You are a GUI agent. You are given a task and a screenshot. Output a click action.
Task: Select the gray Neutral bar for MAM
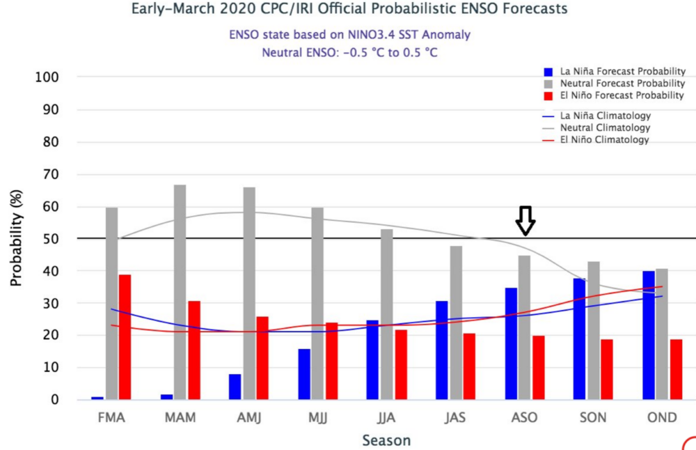point(180,293)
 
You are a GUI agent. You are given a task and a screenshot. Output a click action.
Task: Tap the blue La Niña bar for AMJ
point(235,387)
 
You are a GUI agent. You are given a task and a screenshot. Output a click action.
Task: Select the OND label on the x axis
point(661,418)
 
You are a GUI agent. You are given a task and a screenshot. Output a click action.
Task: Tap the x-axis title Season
point(386,440)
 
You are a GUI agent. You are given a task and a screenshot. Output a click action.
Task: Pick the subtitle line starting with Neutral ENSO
point(349,52)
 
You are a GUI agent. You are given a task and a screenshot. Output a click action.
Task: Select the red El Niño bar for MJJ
point(331,362)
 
